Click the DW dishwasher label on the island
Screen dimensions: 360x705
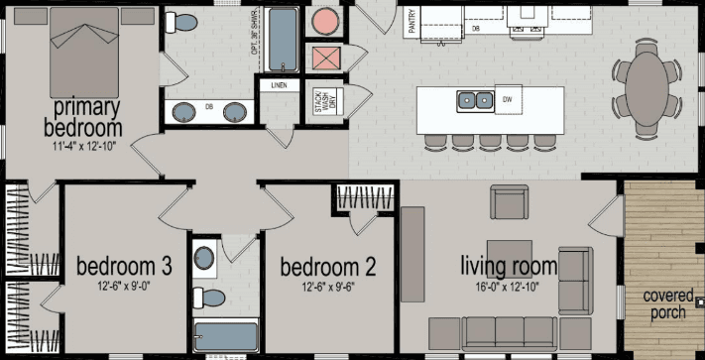pos(507,99)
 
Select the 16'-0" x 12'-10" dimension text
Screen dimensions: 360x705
pos(507,288)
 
